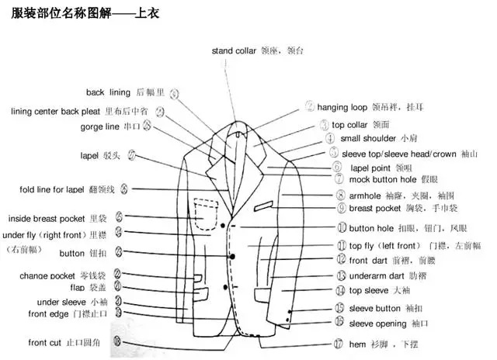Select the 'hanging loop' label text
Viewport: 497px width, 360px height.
(343, 107)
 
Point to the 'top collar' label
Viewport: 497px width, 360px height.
(349, 124)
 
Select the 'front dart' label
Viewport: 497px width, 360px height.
(370, 261)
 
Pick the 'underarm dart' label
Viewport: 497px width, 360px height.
(377, 275)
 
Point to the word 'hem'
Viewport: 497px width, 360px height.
(356, 343)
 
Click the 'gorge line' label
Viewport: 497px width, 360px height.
(99, 126)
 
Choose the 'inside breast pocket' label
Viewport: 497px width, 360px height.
(47, 218)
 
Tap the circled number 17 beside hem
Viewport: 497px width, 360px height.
(338, 343)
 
